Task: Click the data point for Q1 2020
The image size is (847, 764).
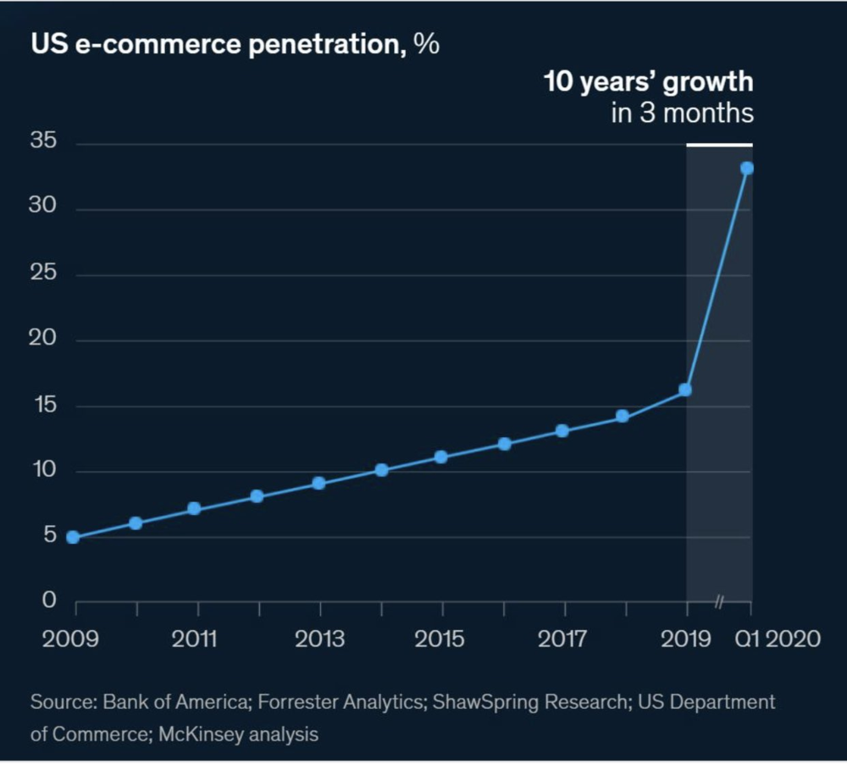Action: [747, 168]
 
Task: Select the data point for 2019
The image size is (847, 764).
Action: [685, 390]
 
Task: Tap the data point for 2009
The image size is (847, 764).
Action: [73, 537]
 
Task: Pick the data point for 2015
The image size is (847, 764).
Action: [440, 457]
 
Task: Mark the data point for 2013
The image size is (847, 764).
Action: [318, 483]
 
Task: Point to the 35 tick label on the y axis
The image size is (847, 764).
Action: [43, 141]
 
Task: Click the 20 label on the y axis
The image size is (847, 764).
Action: [43, 339]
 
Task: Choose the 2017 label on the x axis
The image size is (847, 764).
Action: [563, 639]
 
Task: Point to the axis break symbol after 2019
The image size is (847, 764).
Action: [719, 602]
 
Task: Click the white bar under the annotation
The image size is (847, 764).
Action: [719, 145]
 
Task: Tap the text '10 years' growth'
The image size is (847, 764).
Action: [648, 82]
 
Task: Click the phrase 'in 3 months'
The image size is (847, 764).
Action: [682, 113]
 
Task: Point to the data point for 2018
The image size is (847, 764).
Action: [623, 416]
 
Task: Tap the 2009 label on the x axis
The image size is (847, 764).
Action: [69, 639]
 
